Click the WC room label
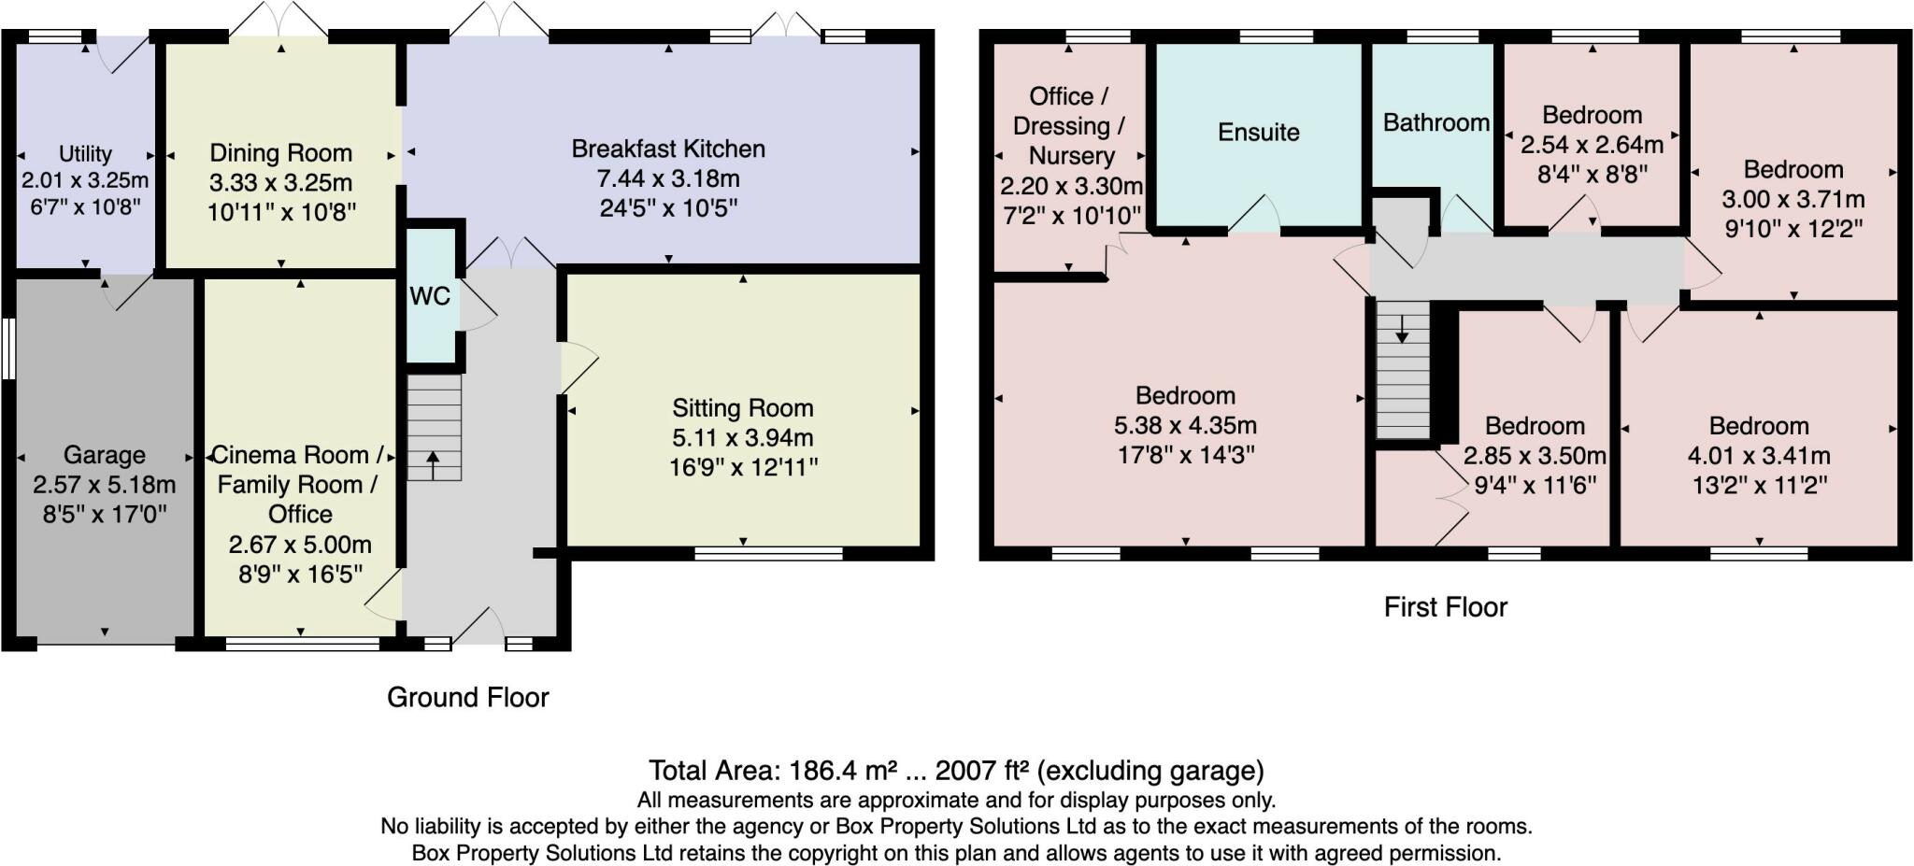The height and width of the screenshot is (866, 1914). [x=430, y=296]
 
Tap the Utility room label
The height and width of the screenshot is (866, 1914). [x=85, y=153]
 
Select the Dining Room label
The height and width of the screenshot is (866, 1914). [x=281, y=152]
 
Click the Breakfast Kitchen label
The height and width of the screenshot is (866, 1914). [x=668, y=149]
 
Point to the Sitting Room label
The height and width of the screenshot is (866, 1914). [x=743, y=408]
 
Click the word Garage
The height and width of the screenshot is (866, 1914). [x=105, y=455]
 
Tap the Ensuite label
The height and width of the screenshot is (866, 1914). [x=1259, y=132]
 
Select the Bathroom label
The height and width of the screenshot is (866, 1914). [x=1436, y=122]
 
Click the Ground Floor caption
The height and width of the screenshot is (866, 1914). [x=468, y=697]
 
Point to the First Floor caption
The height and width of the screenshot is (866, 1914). [x=1446, y=607]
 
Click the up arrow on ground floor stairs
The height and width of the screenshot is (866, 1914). [x=433, y=464]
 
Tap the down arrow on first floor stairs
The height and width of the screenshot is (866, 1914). [x=1402, y=329]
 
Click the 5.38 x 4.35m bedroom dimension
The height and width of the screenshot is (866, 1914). [x=1185, y=426]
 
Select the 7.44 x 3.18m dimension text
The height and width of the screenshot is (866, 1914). [x=668, y=178]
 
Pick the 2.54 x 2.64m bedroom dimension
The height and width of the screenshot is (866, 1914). [x=1593, y=145]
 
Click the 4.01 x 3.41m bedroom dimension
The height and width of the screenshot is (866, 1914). [x=1759, y=456]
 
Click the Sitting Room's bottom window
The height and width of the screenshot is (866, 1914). [x=769, y=554]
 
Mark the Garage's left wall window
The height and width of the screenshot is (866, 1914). [x=7, y=349]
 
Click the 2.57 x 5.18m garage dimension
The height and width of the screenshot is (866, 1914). [x=105, y=485]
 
